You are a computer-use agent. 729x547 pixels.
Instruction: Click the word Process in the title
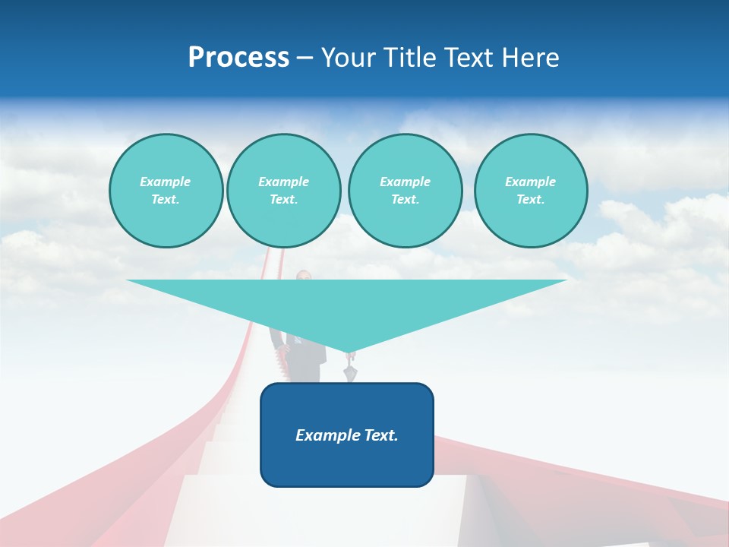pos(238,58)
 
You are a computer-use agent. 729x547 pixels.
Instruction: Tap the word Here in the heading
pos(529,58)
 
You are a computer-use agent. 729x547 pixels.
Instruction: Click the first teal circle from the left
pos(166,191)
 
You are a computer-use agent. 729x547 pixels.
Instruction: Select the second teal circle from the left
pos(283,191)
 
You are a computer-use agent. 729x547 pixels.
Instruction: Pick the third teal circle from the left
pos(405,191)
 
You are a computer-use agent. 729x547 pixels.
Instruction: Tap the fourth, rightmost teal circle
pos(530,191)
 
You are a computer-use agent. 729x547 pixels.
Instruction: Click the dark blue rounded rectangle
pos(347,463)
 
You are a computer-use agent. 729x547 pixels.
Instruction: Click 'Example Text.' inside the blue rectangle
pos(347,435)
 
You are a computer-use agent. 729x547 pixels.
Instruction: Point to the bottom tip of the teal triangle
pos(349,352)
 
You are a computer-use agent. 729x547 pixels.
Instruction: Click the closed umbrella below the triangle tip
pos(349,372)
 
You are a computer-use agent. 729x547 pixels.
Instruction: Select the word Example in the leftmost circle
pos(166,182)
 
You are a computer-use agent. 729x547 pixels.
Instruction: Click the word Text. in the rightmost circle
pos(530,200)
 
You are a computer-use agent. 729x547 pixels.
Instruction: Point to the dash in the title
pos(305,58)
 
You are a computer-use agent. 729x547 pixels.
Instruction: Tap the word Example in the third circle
pos(405,182)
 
